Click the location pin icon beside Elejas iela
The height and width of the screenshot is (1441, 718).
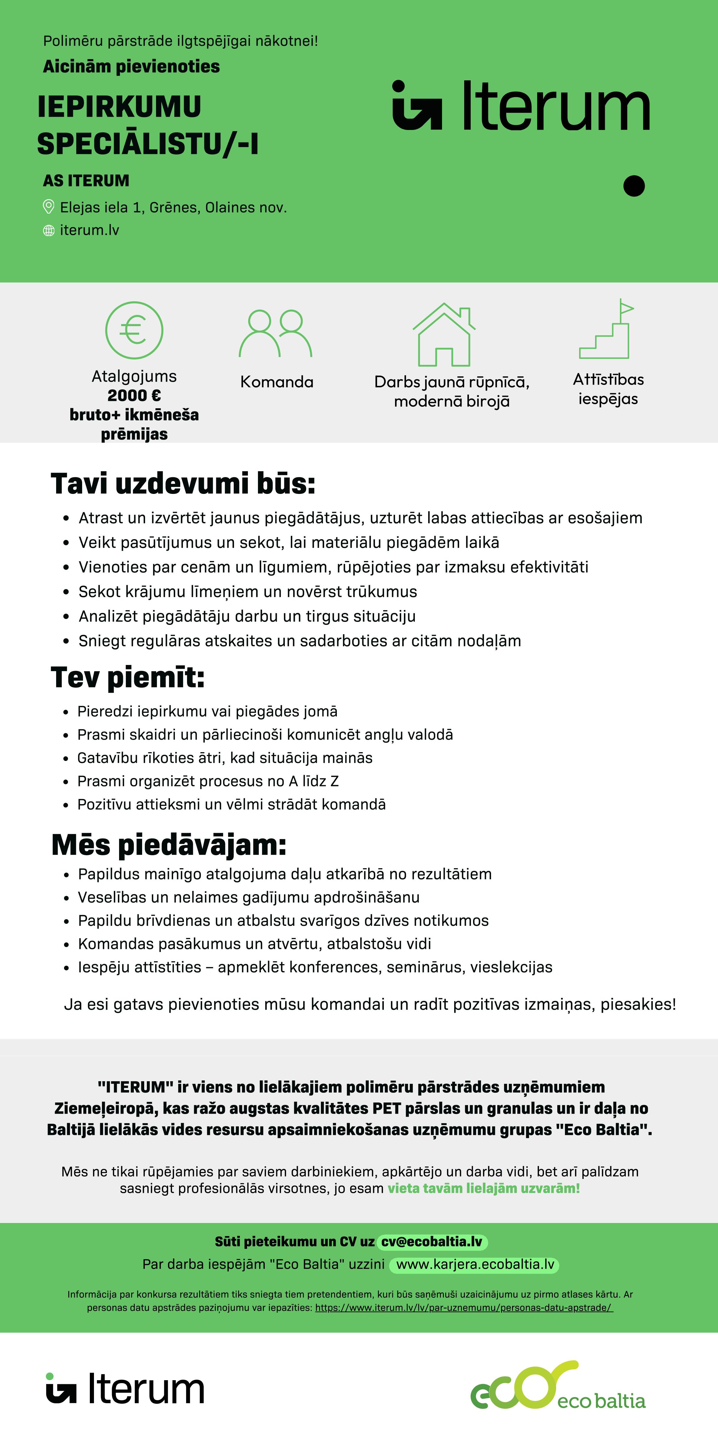[x=49, y=207]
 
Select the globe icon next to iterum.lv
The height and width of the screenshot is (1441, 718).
[x=49, y=230]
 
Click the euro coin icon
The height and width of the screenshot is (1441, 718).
[x=134, y=330]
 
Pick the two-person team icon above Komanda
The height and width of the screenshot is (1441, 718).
[x=276, y=334]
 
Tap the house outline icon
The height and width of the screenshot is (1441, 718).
[x=444, y=334]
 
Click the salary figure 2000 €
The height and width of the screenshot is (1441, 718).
[x=134, y=396]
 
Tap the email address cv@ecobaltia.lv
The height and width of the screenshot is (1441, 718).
[x=431, y=1241]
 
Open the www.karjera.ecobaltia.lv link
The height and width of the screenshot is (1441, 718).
[x=475, y=1264]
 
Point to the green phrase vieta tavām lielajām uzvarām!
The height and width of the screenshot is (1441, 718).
[x=483, y=1188]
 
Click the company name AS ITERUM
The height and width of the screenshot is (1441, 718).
[x=86, y=181]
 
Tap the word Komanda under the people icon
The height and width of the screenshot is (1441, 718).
[x=277, y=382]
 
